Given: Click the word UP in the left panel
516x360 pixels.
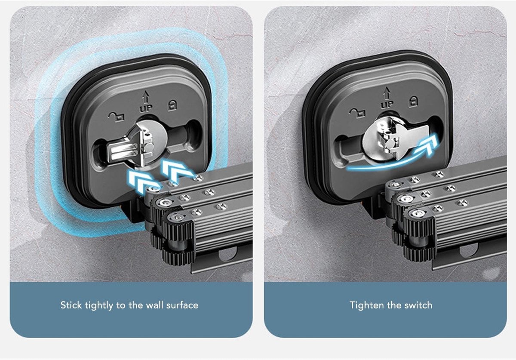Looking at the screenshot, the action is pyautogui.click(x=146, y=108).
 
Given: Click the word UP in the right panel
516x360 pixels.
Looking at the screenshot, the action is pyautogui.click(x=387, y=105).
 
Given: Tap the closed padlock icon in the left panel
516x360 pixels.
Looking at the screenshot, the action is pyautogui.click(x=172, y=105).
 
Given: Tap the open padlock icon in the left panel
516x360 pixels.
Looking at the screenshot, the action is pyautogui.click(x=117, y=117).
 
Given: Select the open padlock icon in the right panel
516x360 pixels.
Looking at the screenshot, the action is pyautogui.click(x=357, y=113).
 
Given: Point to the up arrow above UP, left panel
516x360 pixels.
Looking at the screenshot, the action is pyautogui.click(x=145, y=97).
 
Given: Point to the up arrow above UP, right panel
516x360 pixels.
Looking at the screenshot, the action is pyautogui.click(x=387, y=93).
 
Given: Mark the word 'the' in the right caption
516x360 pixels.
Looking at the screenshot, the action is pyautogui.click(x=392, y=305).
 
